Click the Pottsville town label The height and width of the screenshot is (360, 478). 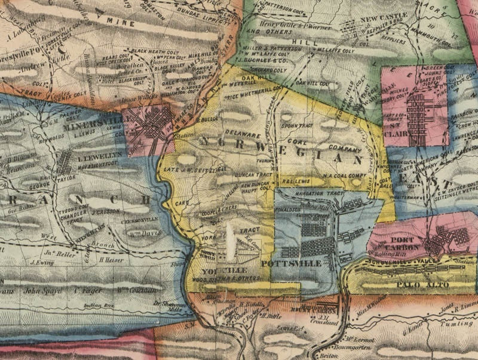288,263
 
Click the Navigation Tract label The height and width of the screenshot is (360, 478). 315,195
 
